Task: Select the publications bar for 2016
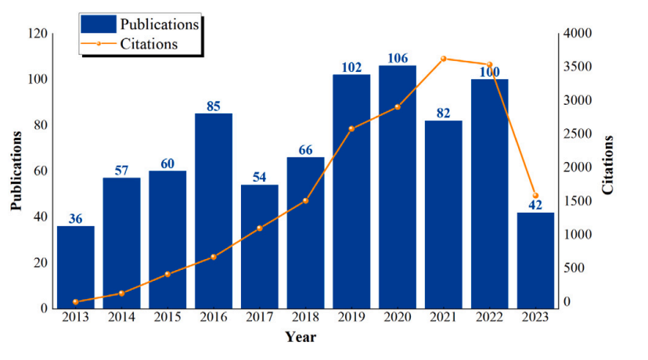coord(214,211)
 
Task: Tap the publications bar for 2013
coord(76,267)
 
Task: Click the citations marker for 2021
coord(444,59)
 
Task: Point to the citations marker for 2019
coord(351,128)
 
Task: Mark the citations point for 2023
coord(535,196)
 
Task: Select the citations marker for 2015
coord(167,274)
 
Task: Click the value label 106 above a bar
coord(398,58)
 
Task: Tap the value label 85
coord(214,106)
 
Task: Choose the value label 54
coord(260,177)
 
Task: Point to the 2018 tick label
coord(305,317)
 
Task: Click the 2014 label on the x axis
coord(121,317)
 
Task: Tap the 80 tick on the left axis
coord(38,125)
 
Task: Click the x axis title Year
coord(301,337)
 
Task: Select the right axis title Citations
coord(608,165)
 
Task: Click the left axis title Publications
coord(16,171)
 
